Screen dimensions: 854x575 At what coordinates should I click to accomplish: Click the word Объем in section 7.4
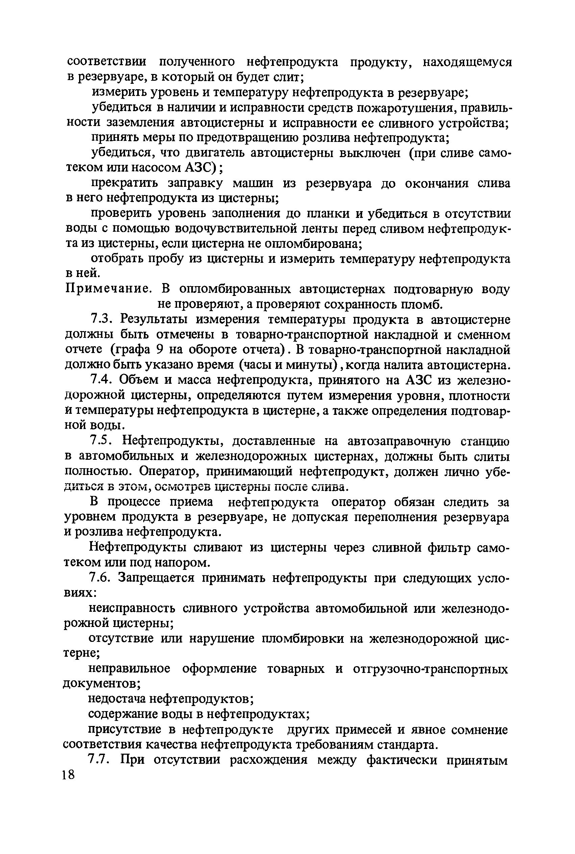[x=141, y=380]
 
